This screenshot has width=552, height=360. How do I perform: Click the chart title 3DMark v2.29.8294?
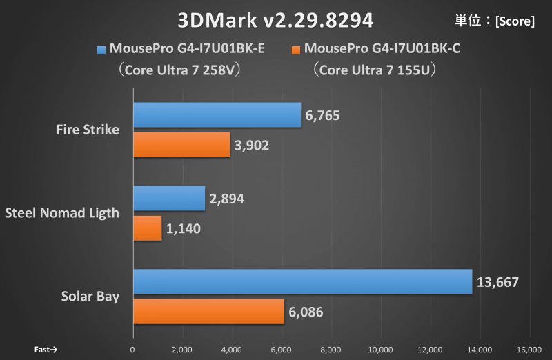click(275, 19)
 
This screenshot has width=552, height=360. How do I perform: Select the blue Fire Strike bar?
click(217, 115)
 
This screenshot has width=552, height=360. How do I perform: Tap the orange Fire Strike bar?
click(181, 145)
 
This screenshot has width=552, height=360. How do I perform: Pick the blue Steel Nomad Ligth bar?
click(169, 199)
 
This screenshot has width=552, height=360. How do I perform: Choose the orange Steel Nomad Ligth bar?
click(147, 228)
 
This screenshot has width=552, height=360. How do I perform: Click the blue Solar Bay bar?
click(302, 281)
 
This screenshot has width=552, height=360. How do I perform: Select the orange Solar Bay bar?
click(208, 311)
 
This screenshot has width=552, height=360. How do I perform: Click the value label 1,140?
click(184, 228)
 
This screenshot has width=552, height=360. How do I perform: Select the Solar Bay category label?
click(90, 297)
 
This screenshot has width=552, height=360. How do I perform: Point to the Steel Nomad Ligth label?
click(62, 213)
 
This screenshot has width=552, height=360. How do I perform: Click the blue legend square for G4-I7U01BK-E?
click(101, 50)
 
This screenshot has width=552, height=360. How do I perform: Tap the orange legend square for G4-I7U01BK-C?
click(297, 50)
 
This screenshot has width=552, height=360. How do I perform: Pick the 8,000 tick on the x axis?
click(331, 349)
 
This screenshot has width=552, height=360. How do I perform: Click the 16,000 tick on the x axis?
click(529, 349)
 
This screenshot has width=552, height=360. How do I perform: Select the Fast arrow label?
click(46, 349)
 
